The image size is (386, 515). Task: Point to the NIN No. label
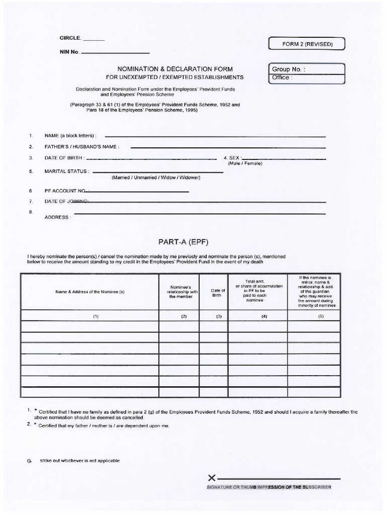click(69, 52)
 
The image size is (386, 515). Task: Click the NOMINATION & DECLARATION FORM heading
click(175, 69)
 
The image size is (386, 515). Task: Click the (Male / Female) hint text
click(245, 163)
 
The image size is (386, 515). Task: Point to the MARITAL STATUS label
click(67, 171)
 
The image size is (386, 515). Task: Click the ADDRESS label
click(58, 218)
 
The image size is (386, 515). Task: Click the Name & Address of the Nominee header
click(90, 292)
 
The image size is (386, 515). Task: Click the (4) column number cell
click(257, 316)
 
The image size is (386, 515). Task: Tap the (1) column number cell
click(90, 316)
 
